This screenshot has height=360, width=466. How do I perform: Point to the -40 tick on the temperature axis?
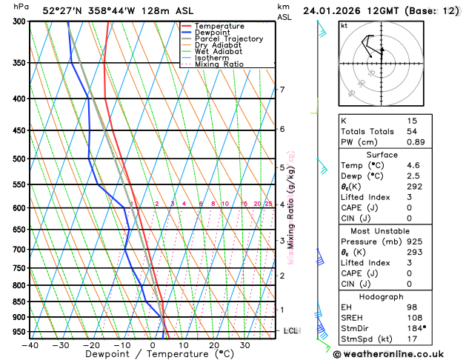pyautogui.click(x=30, y=344)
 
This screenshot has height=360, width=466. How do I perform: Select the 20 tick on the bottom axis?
pyautogui.click(x=214, y=344)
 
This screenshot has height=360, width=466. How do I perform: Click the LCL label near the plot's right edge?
pyautogui.click(x=291, y=330)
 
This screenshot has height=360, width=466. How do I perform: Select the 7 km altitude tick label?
pyautogui.click(x=282, y=90)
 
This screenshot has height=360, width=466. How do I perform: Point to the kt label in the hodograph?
pyautogui.click(x=344, y=25)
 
